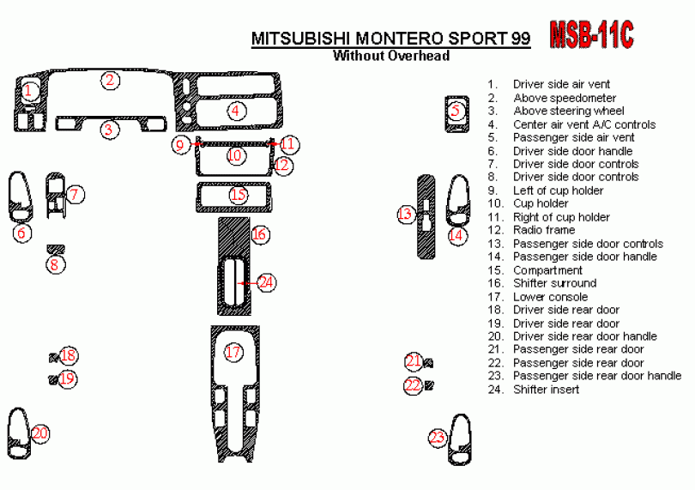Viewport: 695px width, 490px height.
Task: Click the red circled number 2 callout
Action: click(x=110, y=81)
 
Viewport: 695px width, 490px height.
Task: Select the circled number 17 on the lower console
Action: click(x=233, y=352)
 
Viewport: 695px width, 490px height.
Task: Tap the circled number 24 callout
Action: click(x=266, y=281)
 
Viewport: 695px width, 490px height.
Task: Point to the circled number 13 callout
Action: click(x=406, y=215)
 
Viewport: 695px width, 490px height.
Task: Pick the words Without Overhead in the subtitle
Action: click(x=390, y=57)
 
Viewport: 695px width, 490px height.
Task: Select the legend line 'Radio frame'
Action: click(x=543, y=230)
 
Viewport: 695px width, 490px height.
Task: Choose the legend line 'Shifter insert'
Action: click(x=546, y=389)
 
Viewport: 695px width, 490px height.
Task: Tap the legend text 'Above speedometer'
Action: click(x=565, y=98)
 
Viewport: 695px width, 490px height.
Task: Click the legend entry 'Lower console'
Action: click(x=550, y=296)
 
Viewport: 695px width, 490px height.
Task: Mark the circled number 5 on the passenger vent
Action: click(x=456, y=111)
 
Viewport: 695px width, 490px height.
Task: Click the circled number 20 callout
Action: click(x=40, y=433)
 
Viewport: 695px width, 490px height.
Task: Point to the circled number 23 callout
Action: click(x=438, y=438)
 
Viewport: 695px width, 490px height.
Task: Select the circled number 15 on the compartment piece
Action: click(x=238, y=195)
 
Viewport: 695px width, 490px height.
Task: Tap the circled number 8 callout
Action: click(x=55, y=264)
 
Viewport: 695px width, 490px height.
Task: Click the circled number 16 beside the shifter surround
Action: click(x=260, y=233)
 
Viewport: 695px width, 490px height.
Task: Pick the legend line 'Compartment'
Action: click(x=547, y=269)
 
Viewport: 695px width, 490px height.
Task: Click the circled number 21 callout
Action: click(x=414, y=361)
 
